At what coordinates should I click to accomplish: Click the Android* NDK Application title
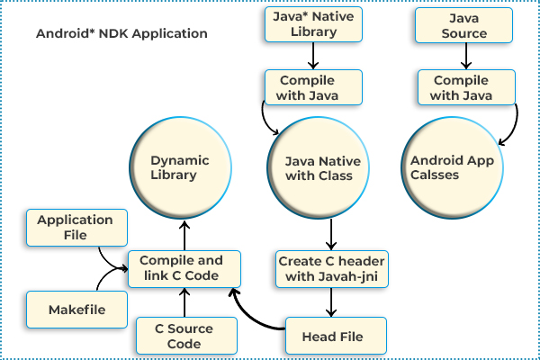(x=121, y=34)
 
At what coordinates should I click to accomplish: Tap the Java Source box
(x=464, y=24)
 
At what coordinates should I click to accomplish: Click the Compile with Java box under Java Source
(x=464, y=87)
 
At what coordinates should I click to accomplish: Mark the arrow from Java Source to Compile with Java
(x=464, y=57)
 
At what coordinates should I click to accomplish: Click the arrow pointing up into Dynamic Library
(x=185, y=233)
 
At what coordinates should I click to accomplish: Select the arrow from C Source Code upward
(x=185, y=302)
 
